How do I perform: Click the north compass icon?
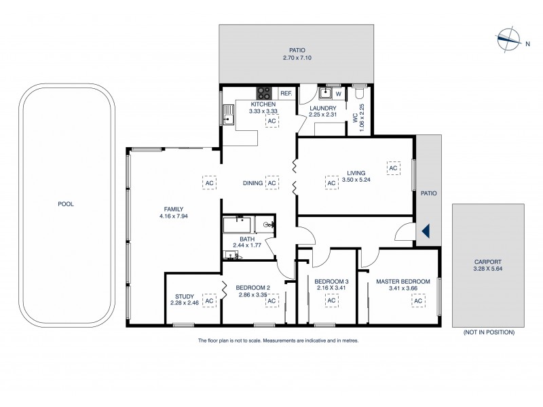pyautogui.click(x=506, y=38)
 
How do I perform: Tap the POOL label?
pyautogui.click(x=65, y=203)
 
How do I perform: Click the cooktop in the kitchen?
pyautogui.click(x=264, y=93)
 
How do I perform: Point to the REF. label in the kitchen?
pyautogui.click(x=286, y=93)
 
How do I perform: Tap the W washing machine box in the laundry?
pyautogui.click(x=338, y=93)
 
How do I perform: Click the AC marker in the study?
pyautogui.click(x=209, y=301)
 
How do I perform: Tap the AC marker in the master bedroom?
pyautogui.click(x=419, y=301)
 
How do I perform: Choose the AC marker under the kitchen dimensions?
pyautogui.click(x=271, y=121)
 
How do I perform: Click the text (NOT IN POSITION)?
pyautogui.click(x=488, y=332)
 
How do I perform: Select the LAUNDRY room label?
pyautogui.click(x=324, y=108)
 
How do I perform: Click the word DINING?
pyautogui.click(x=253, y=183)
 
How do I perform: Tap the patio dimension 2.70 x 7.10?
pyautogui.click(x=295, y=58)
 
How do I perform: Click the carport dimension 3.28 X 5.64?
pyautogui.click(x=489, y=268)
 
